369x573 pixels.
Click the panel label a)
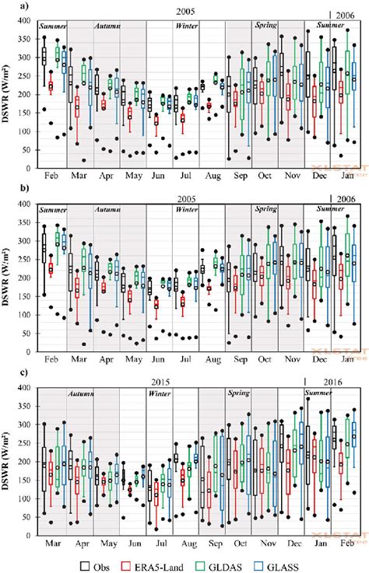[x=8, y=9]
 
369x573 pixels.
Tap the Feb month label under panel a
[x=53, y=176]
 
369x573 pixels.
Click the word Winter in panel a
[x=185, y=26]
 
